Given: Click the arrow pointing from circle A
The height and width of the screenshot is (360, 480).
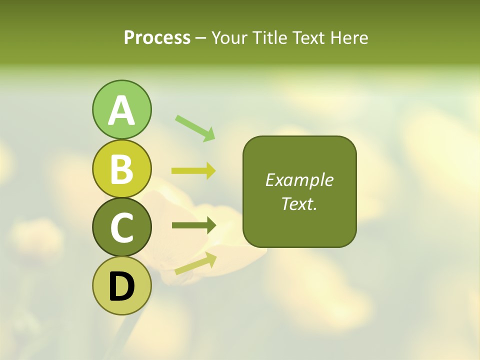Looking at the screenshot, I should point(195,128).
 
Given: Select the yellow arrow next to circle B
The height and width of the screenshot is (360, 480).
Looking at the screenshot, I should point(193,171).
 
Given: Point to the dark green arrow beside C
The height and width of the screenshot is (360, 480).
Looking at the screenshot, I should point(193,225).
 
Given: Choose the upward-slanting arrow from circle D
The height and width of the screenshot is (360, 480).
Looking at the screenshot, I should point(195,263).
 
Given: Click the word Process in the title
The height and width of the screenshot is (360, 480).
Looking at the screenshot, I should point(157,37).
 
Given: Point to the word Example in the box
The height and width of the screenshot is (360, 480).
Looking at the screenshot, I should point(299,180).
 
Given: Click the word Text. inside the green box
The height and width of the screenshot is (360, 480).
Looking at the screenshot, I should point(299,203).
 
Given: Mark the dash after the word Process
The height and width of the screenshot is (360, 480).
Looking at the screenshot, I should point(201,38).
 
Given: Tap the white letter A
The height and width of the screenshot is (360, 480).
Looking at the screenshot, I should point(121,110).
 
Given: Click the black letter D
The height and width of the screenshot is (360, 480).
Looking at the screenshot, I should point(121,287).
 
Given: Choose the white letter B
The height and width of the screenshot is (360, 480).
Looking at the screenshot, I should point(121,169).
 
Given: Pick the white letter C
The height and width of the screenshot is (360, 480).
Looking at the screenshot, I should point(121,228).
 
